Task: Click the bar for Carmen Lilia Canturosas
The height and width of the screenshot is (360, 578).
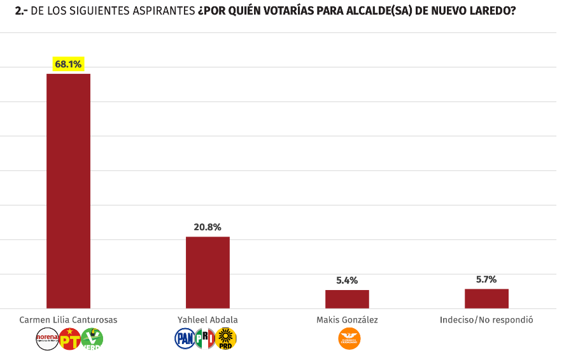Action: (68, 191)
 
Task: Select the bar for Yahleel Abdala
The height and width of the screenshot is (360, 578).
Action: (208, 272)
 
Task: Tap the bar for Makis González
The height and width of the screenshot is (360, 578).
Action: (347, 299)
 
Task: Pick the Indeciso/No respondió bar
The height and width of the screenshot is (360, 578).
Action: (486, 298)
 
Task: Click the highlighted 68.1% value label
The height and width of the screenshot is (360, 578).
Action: (68, 64)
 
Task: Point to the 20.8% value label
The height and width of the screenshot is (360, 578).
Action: (208, 227)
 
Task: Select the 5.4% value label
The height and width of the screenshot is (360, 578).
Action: (347, 280)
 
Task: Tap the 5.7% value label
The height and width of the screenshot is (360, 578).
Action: (486, 279)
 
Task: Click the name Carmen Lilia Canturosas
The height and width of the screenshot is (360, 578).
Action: (68, 319)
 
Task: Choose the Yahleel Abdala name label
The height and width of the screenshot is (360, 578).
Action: (208, 319)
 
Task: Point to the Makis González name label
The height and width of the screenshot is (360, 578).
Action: (347, 319)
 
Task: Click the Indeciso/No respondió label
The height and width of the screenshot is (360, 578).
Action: (486, 319)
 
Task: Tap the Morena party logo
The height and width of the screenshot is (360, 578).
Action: (47, 338)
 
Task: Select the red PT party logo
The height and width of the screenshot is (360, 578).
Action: (69, 338)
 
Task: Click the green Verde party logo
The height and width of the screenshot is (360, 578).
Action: (92, 338)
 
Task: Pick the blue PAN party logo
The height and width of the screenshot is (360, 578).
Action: (185, 338)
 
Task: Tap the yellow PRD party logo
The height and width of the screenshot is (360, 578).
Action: (226, 338)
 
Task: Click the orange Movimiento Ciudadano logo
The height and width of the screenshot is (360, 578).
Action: (349, 338)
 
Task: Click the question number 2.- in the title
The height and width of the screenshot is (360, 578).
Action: (21, 11)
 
